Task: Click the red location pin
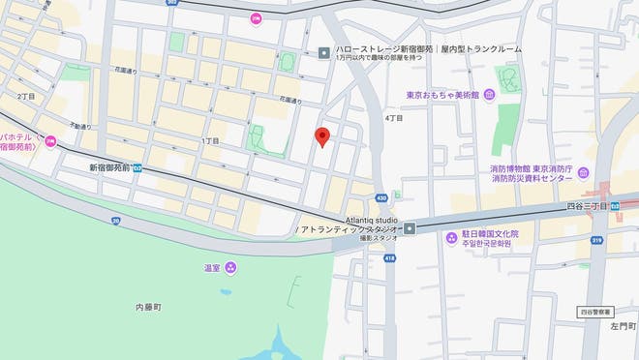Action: (x=323, y=137)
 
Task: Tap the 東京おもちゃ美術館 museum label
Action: (x=443, y=94)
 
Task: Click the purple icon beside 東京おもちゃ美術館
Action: (x=489, y=94)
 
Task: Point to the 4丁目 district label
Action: (x=394, y=118)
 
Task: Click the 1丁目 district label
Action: (x=210, y=141)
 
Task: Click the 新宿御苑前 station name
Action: (x=109, y=166)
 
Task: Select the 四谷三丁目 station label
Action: (x=587, y=206)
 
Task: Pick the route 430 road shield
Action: (x=381, y=198)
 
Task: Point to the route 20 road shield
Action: (x=115, y=221)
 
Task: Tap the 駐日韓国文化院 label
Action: (x=491, y=234)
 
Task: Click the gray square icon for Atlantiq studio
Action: (x=411, y=228)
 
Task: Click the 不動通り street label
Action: (x=80, y=126)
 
